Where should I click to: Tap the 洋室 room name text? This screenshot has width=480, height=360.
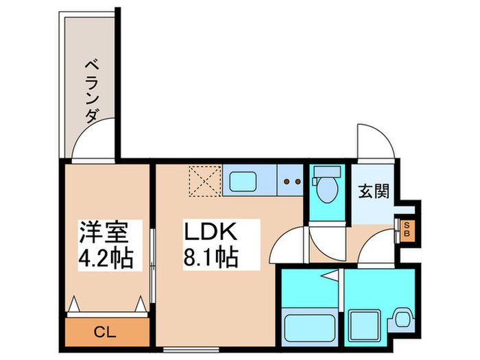[x=102, y=232]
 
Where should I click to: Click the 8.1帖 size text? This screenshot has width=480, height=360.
[x=210, y=258]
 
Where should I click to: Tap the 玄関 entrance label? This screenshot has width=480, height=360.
[x=374, y=191]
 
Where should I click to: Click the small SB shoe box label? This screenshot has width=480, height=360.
[x=407, y=228]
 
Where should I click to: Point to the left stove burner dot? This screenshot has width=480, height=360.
[x=288, y=182]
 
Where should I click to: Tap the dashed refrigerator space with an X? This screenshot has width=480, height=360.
[x=204, y=180]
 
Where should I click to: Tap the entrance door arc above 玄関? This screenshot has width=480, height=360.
[x=375, y=141]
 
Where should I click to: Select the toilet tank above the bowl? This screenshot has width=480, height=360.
[x=327, y=171]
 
